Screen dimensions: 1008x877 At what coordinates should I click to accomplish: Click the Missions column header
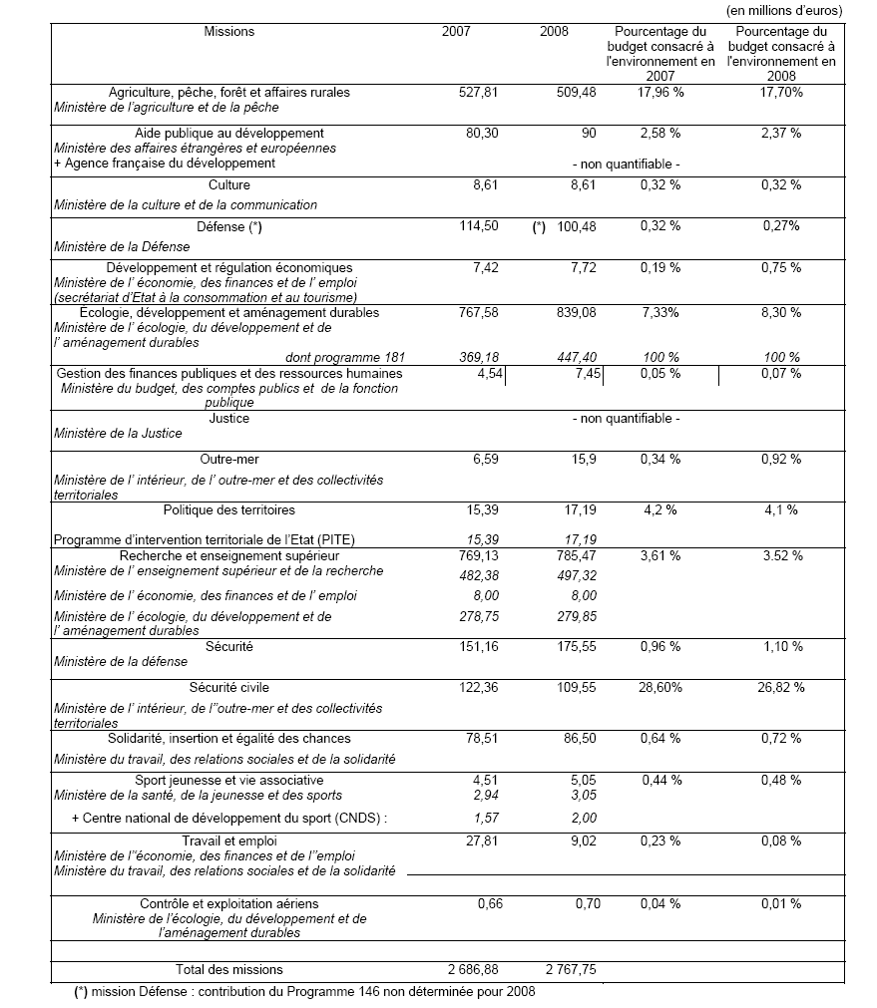coord(229,32)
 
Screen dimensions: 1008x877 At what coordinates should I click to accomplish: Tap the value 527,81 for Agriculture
coord(477,93)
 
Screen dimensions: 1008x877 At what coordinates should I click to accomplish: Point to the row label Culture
coord(229,185)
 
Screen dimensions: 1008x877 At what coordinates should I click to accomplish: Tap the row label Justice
coord(229,419)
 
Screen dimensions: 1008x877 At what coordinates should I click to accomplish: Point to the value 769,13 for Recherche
coord(477,555)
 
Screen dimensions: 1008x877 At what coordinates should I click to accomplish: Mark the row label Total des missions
coord(229,969)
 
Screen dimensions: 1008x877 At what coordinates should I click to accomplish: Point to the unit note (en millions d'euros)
coord(784,10)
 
